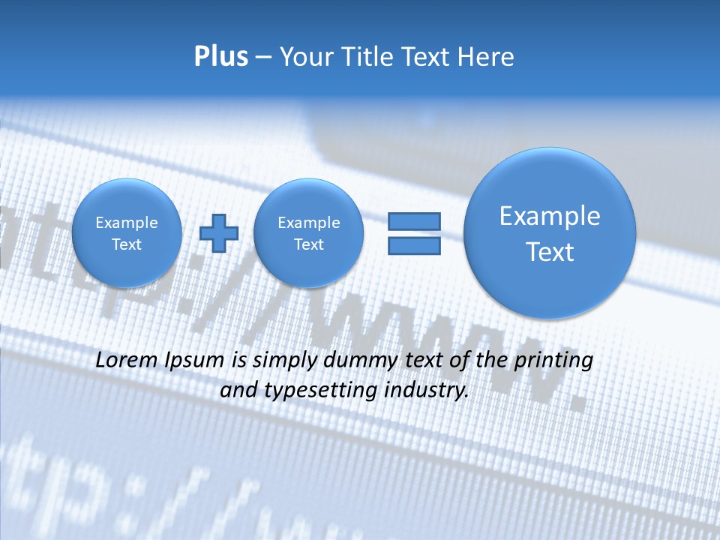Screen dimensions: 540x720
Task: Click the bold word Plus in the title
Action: click(221, 57)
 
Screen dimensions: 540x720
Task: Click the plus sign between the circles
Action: click(219, 233)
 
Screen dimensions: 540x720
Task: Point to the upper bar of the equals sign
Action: click(414, 221)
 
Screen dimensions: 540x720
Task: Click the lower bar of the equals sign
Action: click(414, 246)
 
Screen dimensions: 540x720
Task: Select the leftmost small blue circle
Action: click(127, 233)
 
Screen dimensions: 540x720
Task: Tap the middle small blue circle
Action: click(308, 233)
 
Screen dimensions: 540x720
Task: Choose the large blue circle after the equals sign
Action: click(550, 233)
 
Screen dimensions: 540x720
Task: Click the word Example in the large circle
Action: click(550, 216)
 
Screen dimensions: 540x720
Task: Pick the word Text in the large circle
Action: click(550, 252)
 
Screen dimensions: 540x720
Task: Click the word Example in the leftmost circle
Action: click(127, 223)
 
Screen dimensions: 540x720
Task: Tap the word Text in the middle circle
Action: click(308, 244)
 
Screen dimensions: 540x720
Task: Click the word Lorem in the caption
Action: click(125, 360)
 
